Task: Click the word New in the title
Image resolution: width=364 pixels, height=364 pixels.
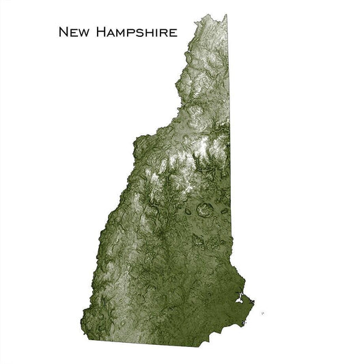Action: pos(73,32)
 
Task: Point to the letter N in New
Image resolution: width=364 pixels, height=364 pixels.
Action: pos(64,32)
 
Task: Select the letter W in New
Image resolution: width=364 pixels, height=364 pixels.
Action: pos(83,33)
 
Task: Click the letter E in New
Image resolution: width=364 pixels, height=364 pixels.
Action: pos(73,33)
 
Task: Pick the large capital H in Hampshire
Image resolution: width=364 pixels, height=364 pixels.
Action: pos(99,32)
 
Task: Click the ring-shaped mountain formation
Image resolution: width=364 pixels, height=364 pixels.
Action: pos(203,210)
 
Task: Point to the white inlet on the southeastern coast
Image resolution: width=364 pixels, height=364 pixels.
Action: pos(239,298)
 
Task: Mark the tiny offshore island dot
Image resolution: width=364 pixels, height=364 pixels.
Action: pos(262,313)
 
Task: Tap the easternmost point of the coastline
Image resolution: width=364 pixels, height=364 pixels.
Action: pos(253,300)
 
